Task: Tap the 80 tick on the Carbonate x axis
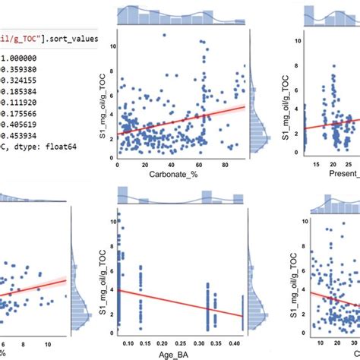pos(226,165)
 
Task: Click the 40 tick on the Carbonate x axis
pos(172,165)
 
